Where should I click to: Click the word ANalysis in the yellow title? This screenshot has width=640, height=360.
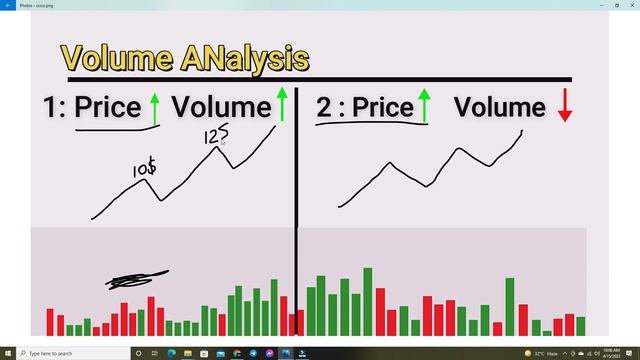(246, 59)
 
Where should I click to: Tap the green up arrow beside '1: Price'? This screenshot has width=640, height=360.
(154, 106)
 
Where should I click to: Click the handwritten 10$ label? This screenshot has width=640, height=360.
(144, 170)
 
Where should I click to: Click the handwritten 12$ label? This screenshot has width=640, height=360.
(216, 134)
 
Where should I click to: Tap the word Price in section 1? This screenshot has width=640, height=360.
(107, 108)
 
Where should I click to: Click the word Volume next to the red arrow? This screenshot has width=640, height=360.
(500, 108)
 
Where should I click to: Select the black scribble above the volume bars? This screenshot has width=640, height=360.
(137, 280)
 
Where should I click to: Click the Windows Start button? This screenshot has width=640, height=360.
(8, 353)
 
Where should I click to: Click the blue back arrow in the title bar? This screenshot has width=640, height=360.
(7, 4)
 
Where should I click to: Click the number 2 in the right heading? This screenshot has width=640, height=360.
(324, 108)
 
